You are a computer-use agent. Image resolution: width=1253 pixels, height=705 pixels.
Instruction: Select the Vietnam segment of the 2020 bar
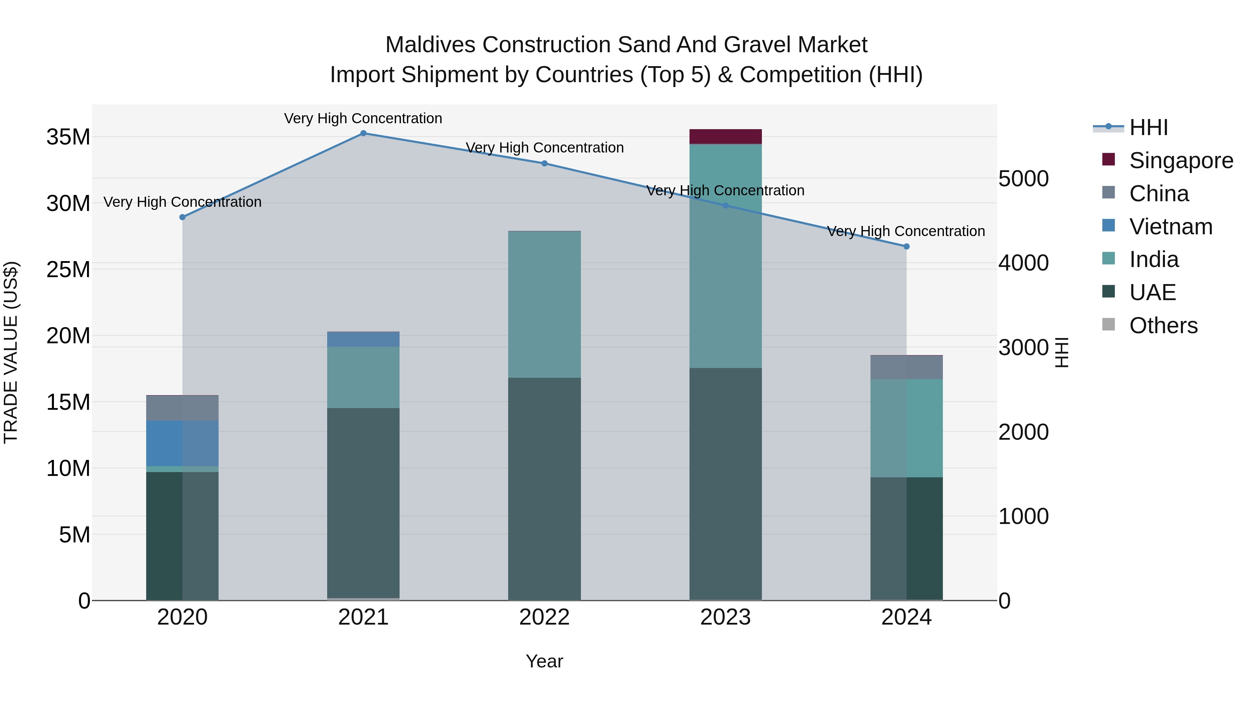[x=182, y=443]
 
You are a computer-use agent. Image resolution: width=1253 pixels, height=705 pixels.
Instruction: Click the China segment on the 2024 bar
[x=906, y=367]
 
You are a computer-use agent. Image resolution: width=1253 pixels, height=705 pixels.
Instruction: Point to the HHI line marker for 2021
[x=363, y=133]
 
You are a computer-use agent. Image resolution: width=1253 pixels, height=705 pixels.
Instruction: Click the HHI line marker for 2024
[x=906, y=247]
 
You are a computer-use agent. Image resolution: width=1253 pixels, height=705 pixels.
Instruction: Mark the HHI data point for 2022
[x=544, y=164]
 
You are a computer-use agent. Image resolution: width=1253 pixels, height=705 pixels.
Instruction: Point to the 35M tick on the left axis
[x=68, y=137]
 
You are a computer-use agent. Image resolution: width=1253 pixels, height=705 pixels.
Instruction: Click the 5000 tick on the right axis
[x=1023, y=179]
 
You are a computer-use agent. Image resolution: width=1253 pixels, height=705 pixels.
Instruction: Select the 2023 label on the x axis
[x=725, y=617]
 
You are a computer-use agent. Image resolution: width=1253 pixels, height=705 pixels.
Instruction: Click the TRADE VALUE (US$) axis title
[x=11, y=352]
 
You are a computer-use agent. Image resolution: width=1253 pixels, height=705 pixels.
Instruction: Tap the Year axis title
[x=544, y=661]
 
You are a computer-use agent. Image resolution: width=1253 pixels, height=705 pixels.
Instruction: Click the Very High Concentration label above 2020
[x=182, y=202]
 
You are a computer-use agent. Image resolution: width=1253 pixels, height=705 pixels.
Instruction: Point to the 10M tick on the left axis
[x=68, y=469]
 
